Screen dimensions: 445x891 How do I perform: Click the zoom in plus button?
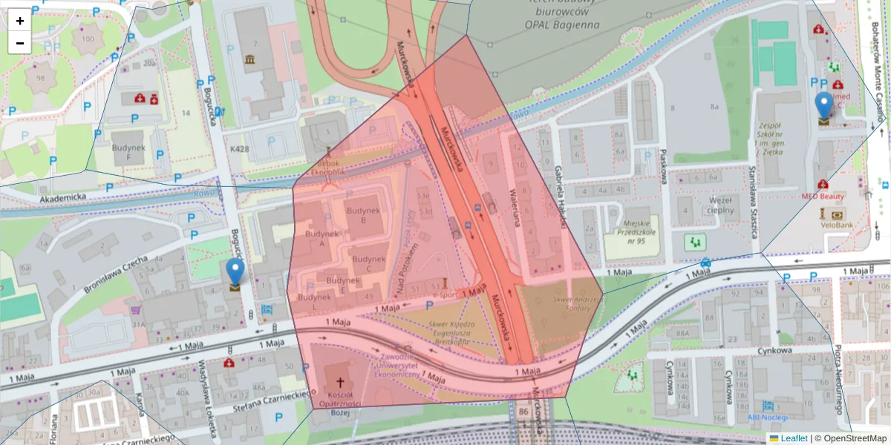20,20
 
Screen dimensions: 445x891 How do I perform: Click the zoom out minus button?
20,42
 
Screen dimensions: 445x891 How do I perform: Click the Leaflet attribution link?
793,438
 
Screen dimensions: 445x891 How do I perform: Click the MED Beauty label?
823,197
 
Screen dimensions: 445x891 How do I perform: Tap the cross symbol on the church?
341,383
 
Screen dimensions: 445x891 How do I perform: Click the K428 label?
240,149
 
